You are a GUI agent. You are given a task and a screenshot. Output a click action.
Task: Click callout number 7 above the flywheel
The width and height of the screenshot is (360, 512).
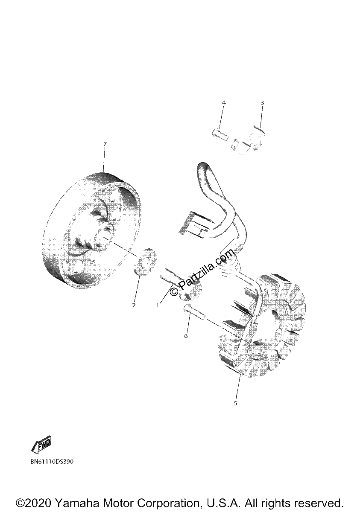pos(105,144)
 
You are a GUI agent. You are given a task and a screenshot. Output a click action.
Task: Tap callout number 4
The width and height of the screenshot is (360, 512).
pos(224,102)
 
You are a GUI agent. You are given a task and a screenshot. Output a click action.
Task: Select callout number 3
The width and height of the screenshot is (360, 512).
pos(262,103)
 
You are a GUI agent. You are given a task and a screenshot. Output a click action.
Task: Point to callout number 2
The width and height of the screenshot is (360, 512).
pos(134,305)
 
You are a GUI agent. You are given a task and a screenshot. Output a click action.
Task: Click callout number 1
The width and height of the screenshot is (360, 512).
pos(157,305)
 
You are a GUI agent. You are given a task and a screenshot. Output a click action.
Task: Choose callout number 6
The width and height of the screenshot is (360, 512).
pos(186,336)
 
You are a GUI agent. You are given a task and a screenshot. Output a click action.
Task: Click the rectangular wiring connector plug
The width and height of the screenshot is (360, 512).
pos(194,225)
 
